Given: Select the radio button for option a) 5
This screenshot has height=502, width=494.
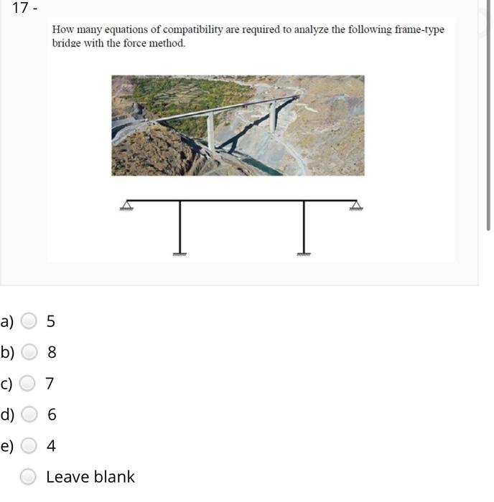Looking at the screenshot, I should click(29, 321).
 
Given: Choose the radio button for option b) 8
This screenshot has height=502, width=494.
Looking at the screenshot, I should click(29, 352).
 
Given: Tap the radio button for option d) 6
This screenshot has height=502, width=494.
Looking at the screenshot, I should click(29, 415).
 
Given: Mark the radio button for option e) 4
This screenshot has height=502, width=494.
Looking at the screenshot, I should click(29, 446).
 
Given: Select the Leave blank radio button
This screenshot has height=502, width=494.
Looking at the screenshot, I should click(29, 477).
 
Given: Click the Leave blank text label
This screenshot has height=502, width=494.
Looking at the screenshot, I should click(90, 477).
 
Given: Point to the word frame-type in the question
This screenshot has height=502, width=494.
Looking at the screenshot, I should click(420, 30).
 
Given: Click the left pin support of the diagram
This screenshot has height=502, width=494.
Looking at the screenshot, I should click(127, 206).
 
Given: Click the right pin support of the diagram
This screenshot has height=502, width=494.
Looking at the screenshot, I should click(355, 206).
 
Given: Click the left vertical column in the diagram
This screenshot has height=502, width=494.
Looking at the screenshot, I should click(180, 226).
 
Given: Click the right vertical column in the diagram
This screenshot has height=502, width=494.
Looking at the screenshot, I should click(304, 226).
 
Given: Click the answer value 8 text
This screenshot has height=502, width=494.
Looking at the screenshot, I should click(52, 352).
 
